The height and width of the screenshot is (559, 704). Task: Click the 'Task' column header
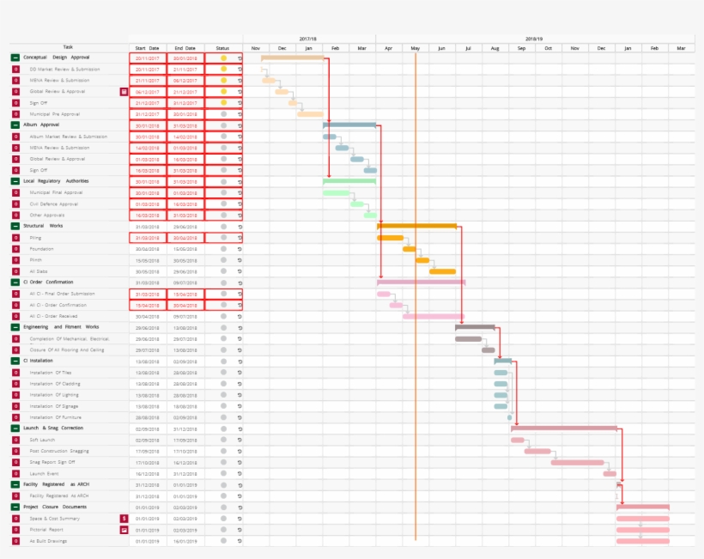[x=68, y=48]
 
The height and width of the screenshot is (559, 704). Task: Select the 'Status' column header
[x=222, y=48]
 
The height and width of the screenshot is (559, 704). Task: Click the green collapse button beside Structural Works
[x=15, y=226]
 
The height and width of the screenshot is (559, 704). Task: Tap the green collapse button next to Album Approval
[x=15, y=125]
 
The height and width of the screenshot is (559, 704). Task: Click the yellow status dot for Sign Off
[x=223, y=102]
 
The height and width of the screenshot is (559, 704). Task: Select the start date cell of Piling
[x=148, y=237]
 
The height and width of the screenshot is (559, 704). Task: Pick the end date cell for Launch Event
[x=185, y=473]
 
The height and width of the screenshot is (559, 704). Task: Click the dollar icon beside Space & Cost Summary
[x=124, y=519]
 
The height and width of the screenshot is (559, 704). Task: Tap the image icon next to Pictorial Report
[x=124, y=530]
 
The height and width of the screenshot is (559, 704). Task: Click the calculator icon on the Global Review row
[x=124, y=91]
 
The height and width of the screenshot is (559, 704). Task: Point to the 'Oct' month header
[x=549, y=48]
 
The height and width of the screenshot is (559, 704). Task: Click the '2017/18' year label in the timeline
[x=308, y=39]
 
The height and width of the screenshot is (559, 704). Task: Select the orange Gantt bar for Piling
[x=390, y=238]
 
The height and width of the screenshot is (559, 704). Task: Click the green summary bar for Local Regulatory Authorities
[x=349, y=181]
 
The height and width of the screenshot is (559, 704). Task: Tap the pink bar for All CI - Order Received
[x=434, y=316]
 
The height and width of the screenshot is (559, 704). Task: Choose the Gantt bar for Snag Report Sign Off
[x=577, y=462]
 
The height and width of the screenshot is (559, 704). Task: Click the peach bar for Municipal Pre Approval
[x=310, y=113]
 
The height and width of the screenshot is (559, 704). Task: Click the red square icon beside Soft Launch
[x=15, y=440]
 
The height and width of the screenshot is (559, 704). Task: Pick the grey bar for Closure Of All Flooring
[x=488, y=350]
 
